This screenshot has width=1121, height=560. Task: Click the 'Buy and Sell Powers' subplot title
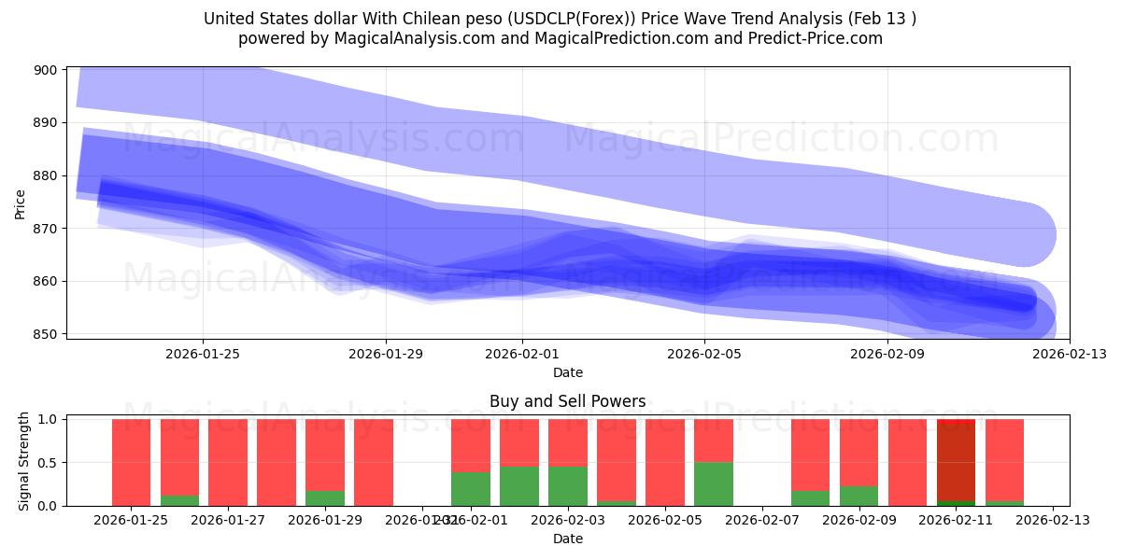pyautogui.click(x=567, y=401)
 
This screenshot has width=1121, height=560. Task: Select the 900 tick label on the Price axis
pyautogui.click(x=44, y=70)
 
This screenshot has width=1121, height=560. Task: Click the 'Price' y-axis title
pyautogui.click(x=21, y=203)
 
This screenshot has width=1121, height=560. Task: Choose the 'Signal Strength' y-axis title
pyautogui.click(x=25, y=462)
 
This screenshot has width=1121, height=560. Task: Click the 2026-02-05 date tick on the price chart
pyautogui.click(x=704, y=354)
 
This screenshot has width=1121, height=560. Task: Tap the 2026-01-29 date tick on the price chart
pyautogui.click(x=386, y=354)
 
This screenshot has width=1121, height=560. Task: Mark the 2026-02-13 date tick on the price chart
pyautogui.click(x=1070, y=354)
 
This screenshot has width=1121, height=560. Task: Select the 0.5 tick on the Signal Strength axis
pyautogui.click(x=47, y=463)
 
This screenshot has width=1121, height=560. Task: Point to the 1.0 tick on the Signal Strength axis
pyautogui.click(x=47, y=420)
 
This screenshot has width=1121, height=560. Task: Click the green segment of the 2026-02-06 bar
pyautogui.click(x=714, y=483)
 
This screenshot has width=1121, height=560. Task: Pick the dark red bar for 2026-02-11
pyautogui.click(x=956, y=462)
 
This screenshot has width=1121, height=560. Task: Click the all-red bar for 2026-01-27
pyautogui.click(x=228, y=462)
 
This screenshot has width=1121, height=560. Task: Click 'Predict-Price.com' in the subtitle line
pyautogui.click(x=816, y=38)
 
